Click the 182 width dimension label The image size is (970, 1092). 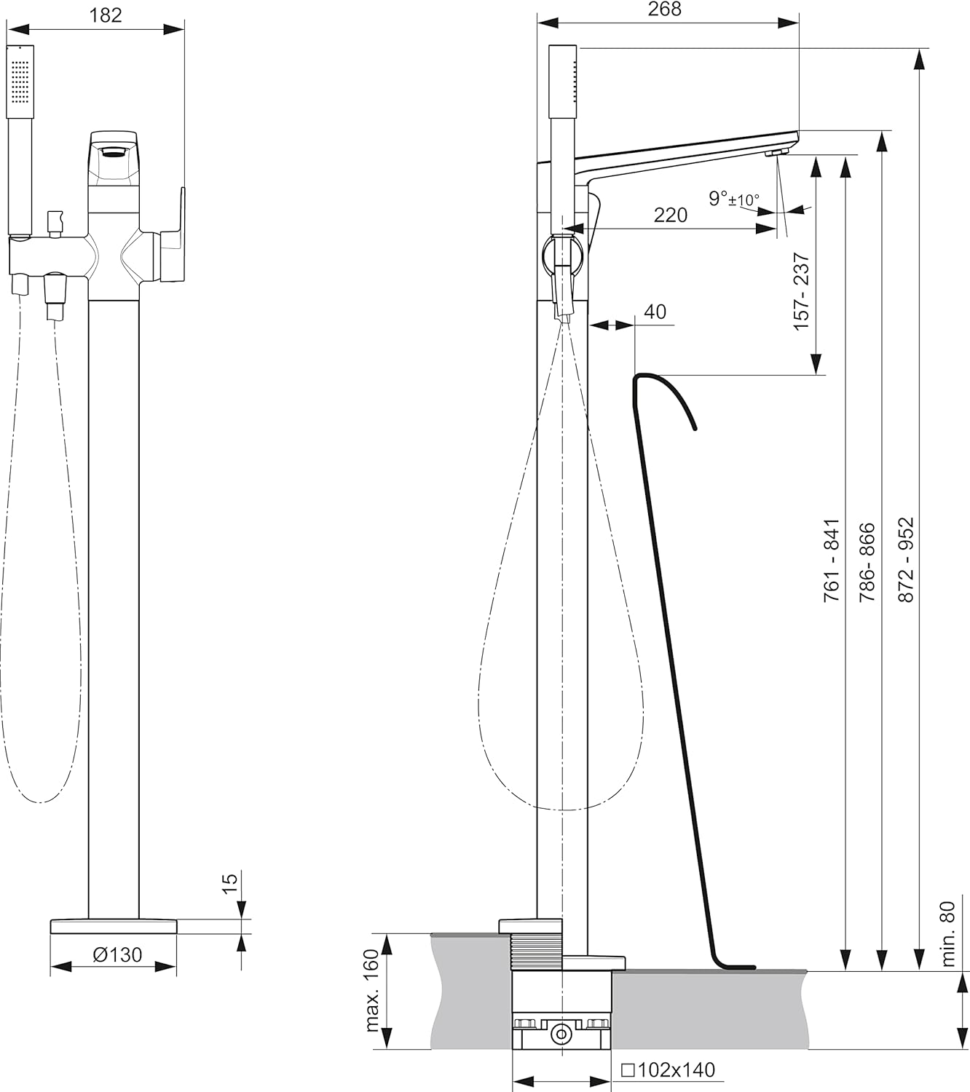click(105, 15)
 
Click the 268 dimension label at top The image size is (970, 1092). click(664, 9)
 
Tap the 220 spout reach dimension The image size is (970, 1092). click(670, 215)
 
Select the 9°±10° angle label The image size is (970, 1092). click(734, 199)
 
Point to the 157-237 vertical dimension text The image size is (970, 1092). click(802, 292)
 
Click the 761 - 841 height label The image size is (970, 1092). click(832, 561)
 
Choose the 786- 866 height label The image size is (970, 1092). click(867, 561)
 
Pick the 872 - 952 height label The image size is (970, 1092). click(907, 560)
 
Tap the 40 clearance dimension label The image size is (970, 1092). click(655, 312)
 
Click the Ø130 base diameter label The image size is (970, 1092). click(117, 954)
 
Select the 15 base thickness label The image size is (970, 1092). click(229, 884)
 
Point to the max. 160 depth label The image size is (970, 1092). click(372, 990)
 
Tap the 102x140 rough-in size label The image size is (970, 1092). click(668, 1070)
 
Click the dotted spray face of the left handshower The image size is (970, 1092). click(20, 82)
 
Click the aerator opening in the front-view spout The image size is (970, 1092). click(113, 153)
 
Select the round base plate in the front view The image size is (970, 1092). click(113, 927)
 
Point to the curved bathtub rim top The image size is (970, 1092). click(647, 375)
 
